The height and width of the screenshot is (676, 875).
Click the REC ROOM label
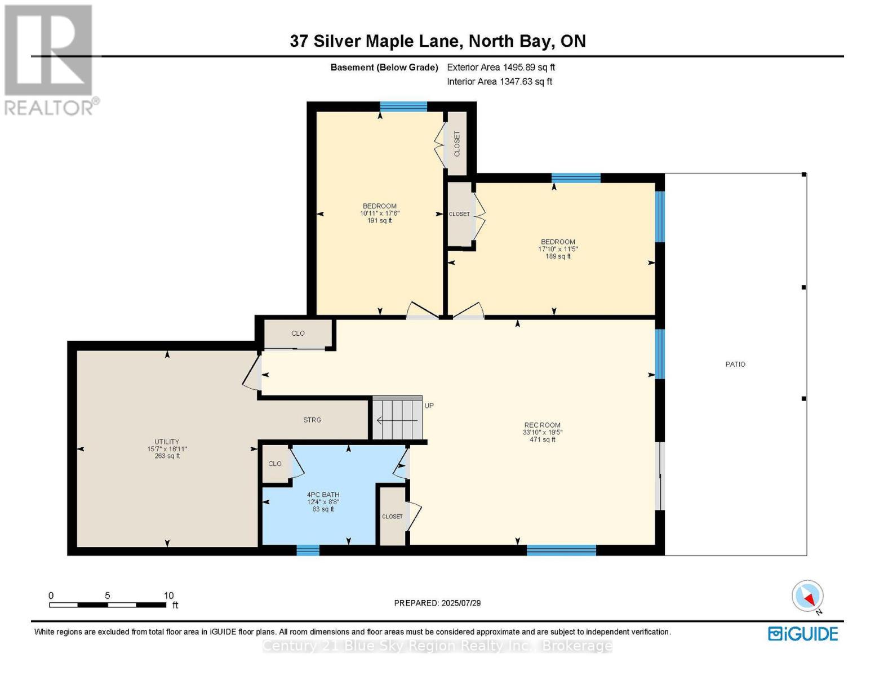542,425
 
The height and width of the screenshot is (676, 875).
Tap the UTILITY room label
167,442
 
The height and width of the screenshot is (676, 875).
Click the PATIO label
735,364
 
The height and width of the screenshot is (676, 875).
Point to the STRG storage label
312,420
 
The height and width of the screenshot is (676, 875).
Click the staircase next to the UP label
397,419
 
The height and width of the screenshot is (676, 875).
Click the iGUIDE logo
803,634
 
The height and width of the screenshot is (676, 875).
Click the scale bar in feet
107,605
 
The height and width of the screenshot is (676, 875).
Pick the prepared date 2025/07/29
437,603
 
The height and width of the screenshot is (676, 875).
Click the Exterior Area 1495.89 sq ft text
501,67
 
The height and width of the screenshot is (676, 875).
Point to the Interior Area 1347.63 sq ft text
499,82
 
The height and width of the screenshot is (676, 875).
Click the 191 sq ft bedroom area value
379,221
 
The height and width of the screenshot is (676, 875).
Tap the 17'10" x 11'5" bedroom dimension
558,249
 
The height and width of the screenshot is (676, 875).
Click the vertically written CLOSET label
457,144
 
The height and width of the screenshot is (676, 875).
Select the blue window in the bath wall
308,550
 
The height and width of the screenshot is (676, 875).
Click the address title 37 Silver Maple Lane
437,41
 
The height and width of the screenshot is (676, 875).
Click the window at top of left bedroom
403,107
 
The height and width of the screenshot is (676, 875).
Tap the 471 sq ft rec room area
542,440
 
